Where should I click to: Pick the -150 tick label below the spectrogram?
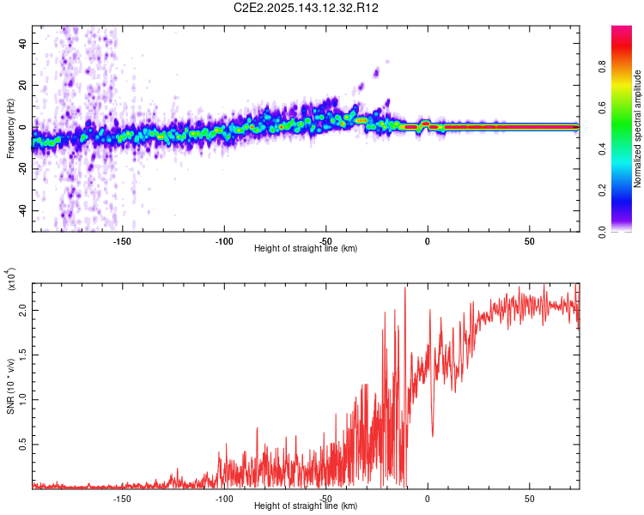pyautogui.click(x=121, y=240)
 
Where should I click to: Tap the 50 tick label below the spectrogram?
pyautogui.click(x=530, y=240)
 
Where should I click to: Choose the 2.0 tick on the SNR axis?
pyautogui.click(x=23, y=311)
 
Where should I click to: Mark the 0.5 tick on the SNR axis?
pyautogui.click(x=23, y=444)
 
